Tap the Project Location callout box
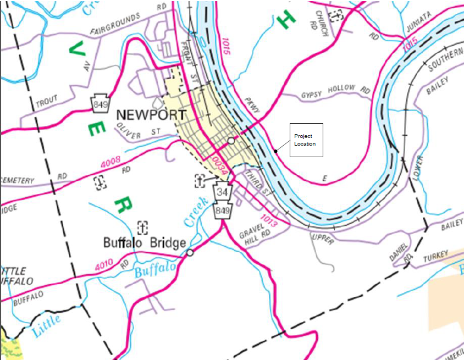click(306, 140)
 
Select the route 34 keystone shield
click(222, 192)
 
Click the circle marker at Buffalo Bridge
click(190, 253)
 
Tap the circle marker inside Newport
click(231, 141)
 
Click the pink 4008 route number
click(110, 162)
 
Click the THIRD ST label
click(258, 184)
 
